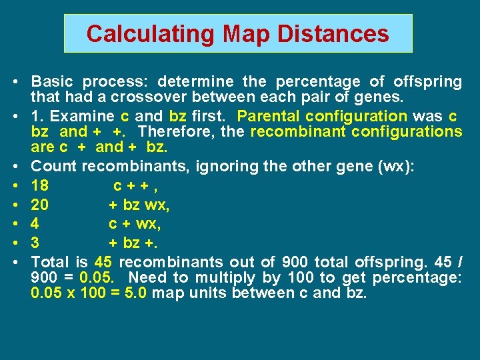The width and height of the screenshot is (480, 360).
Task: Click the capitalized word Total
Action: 49,261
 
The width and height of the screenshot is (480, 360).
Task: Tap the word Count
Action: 53,165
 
